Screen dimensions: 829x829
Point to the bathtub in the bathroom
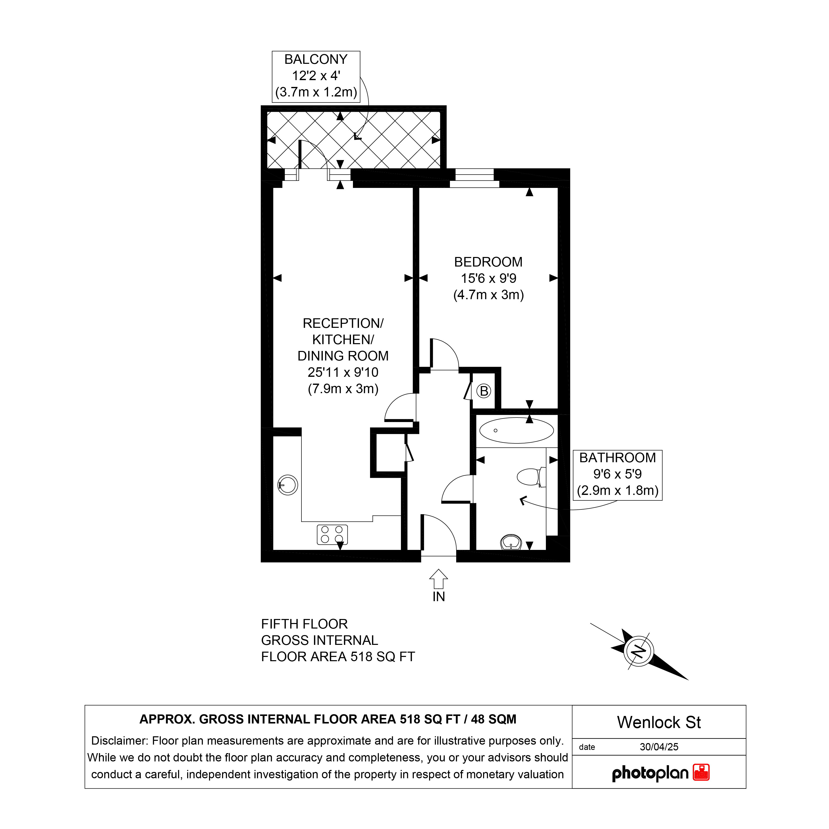click(x=517, y=430)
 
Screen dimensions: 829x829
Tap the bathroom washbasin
click(x=511, y=542)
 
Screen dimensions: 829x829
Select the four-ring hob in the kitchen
click(x=332, y=535)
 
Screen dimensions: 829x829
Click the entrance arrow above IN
click(x=439, y=579)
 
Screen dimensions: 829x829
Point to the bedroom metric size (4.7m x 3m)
click(x=489, y=295)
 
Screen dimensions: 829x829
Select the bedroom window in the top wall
click(x=475, y=178)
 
